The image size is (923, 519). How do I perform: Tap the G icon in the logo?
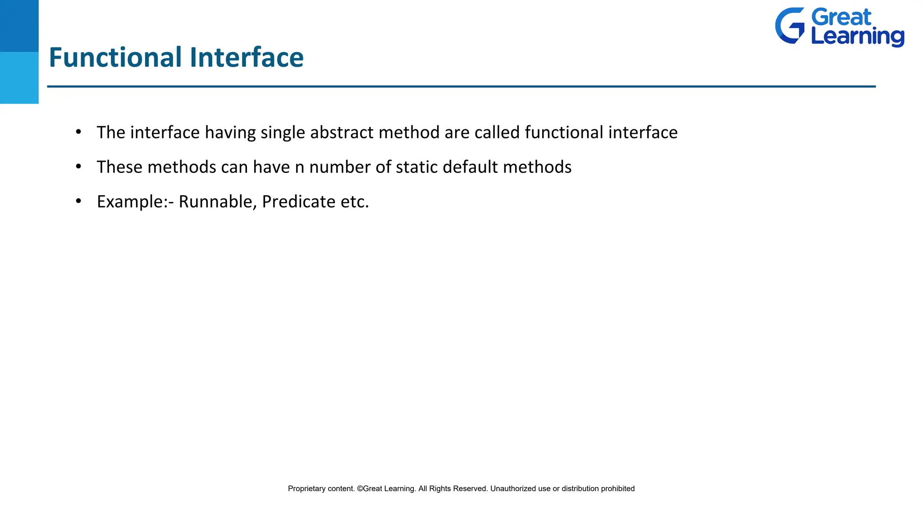790,26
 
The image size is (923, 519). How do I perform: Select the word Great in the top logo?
841,18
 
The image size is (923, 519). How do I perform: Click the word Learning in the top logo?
857,36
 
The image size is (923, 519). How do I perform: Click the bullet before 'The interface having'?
78,132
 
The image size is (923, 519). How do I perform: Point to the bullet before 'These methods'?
78,167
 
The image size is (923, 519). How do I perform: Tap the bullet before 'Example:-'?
78,201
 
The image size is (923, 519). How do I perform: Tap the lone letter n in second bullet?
300,168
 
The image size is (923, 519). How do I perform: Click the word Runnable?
217,201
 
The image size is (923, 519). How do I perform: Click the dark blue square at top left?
19,26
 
